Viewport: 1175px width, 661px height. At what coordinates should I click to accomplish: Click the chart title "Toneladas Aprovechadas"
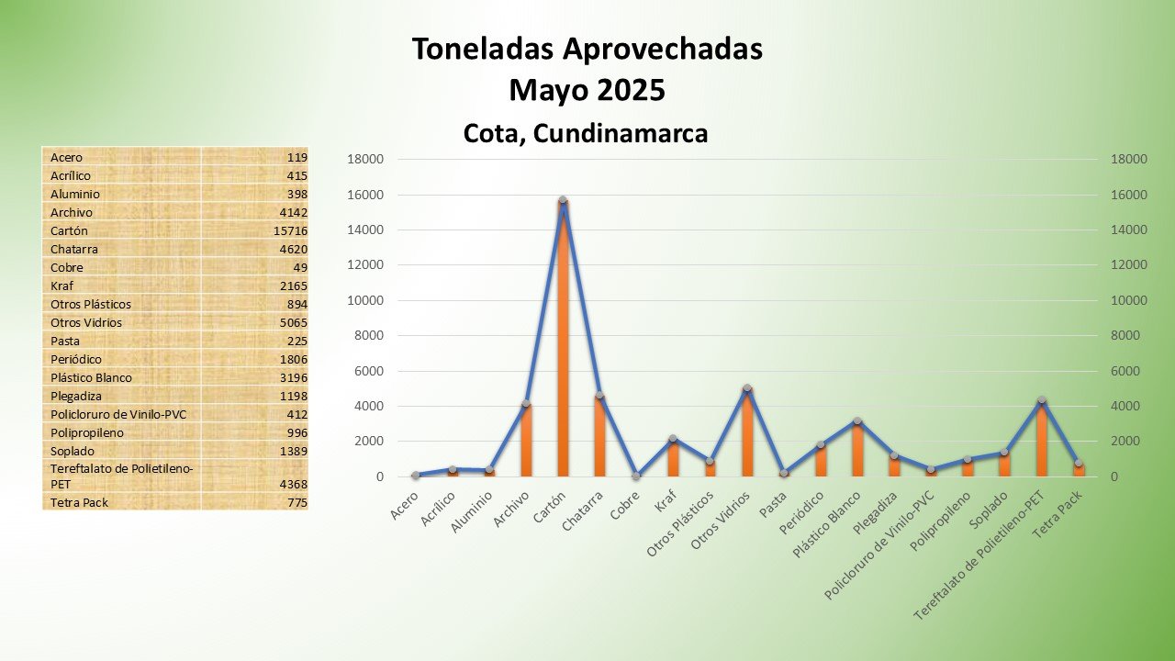tap(587, 50)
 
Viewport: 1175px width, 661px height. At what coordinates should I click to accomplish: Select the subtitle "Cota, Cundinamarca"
tap(586, 133)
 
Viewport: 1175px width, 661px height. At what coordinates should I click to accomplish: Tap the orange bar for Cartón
tap(563, 340)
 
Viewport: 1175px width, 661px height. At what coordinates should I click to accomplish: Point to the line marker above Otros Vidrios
tap(747, 388)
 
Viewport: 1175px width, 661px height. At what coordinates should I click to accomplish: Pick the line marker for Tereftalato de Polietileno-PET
tap(1041, 400)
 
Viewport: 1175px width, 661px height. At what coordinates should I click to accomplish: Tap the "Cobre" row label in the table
tap(67, 267)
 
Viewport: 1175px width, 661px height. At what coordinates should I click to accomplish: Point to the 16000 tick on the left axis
tap(365, 195)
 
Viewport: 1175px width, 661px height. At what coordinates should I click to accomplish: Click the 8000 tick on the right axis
tap(1129, 336)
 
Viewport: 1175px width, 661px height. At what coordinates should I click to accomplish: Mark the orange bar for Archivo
tap(526, 441)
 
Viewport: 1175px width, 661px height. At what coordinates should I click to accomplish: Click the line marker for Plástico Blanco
tap(857, 421)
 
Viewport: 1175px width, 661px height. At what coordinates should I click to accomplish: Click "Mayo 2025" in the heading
tap(587, 91)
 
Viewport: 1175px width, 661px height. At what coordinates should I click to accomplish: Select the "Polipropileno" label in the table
tap(87, 432)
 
